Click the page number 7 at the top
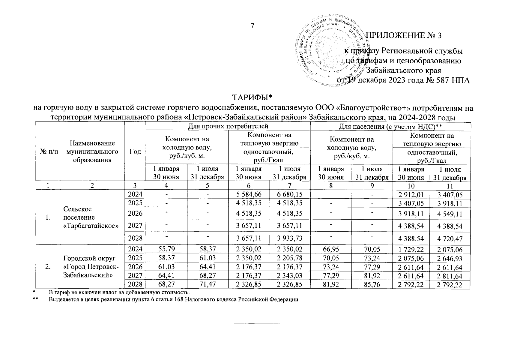coord(253,26)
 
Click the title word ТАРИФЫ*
coord(252,97)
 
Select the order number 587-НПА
coord(451,80)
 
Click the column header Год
coord(135,152)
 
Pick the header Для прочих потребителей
coord(228,127)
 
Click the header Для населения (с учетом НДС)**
coord(391,127)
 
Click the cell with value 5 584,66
coord(249,195)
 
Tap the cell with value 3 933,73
coord(290,239)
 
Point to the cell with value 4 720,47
coord(450,239)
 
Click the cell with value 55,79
coord(166,249)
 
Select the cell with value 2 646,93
coord(450,259)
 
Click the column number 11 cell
coord(450,186)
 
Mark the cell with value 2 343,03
coord(290,276)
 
